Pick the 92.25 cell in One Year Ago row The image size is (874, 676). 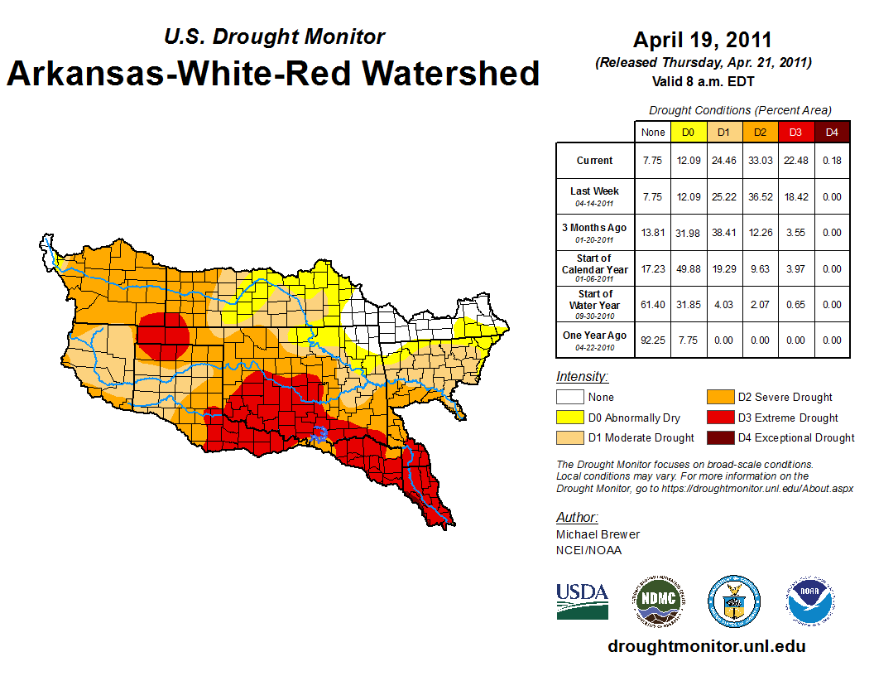tap(653, 340)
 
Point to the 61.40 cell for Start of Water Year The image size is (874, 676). tap(653, 305)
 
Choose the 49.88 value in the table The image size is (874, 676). tap(689, 269)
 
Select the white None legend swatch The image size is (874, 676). tap(569, 398)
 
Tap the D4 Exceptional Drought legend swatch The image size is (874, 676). tap(717, 437)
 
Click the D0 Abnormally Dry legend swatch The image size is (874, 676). tap(569, 418)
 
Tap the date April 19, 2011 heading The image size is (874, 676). tap(703, 40)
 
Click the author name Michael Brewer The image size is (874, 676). tap(598, 534)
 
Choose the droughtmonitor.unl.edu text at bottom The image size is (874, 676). tap(706, 646)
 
